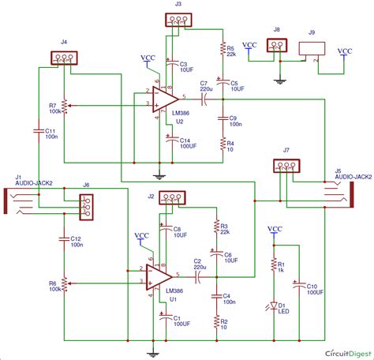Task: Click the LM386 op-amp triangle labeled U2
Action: click(x=164, y=99)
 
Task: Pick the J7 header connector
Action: click(x=286, y=166)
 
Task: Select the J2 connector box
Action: click(x=173, y=197)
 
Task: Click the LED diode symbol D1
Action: click(x=274, y=305)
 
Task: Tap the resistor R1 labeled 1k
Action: click(x=274, y=265)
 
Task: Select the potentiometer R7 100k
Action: click(x=63, y=104)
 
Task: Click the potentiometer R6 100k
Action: click(x=63, y=282)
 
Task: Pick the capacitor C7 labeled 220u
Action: click(x=203, y=99)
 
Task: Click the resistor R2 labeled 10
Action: click(x=215, y=323)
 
